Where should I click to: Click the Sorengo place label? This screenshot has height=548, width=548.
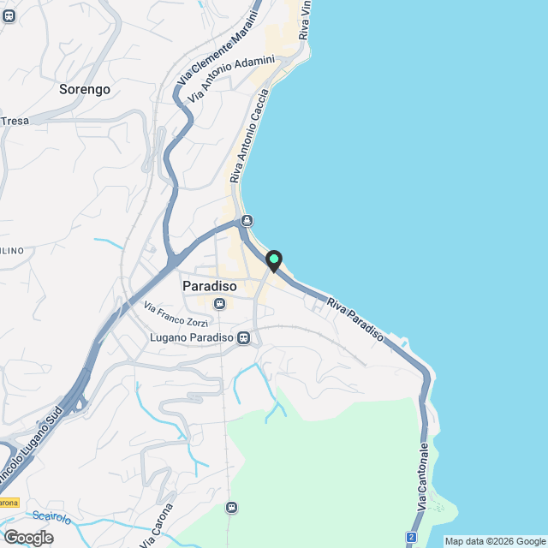pos(86,88)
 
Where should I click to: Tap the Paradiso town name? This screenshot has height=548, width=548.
pos(210,286)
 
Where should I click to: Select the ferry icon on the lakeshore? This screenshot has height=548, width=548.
pos(247,220)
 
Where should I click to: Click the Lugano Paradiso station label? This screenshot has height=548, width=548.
pos(191,337)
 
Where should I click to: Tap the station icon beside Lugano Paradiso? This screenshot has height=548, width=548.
pos(244,337)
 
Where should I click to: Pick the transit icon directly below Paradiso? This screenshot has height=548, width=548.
pos(219,303)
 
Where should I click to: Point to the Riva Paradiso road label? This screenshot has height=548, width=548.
pos(355,318)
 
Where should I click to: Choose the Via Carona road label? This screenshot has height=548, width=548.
pos(156,524)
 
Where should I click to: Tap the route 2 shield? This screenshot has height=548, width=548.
pos(412,537)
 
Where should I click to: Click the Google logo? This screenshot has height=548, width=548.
pos(27,537)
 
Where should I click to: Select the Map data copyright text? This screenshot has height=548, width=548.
pos(495,541)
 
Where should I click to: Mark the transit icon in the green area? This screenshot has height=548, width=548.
pos(231,507)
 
